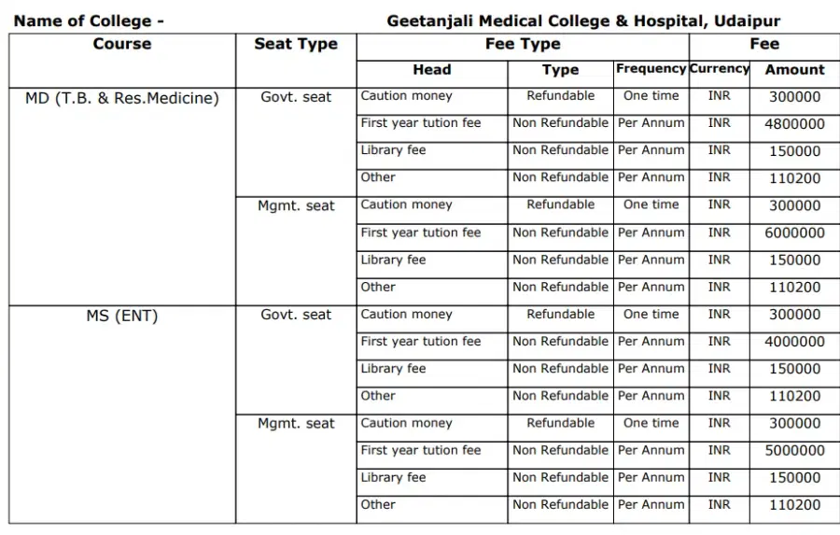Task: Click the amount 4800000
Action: pyautogui.click(x=794, y=124)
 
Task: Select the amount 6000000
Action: pyautogui.click(x=794, y=233)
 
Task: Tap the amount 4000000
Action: pyautogui.click(x=794, y=343)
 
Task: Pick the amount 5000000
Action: pyautogui.click(x=794, y=451)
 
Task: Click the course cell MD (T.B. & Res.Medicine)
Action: pyautogui.click(x=122, y=98)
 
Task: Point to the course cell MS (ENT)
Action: pyautogui.click(x=122, y=317)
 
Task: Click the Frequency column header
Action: pyautogui.click(x=651, y=69)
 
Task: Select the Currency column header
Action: pyautogui.click(x=719, y=69)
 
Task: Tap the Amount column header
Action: pyautogui.click(x=794, y=70)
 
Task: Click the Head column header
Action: pyautogui.click(x=431, y=70)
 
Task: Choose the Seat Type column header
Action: pyautogui.click(x=296, y=45)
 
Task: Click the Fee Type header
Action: pyautogui.click(x=523, y=45)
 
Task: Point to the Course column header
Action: pyautogui.click(x=122, y=45)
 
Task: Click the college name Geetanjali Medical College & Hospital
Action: pyautogui.click(x=583, y=21)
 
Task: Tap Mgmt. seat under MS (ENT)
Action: pyautogui.click(x=296, y=424)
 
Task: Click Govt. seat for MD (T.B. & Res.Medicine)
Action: pyautogui.click(x=296, y=97)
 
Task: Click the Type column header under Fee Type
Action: pyautogui.click(x=560, y=70)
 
